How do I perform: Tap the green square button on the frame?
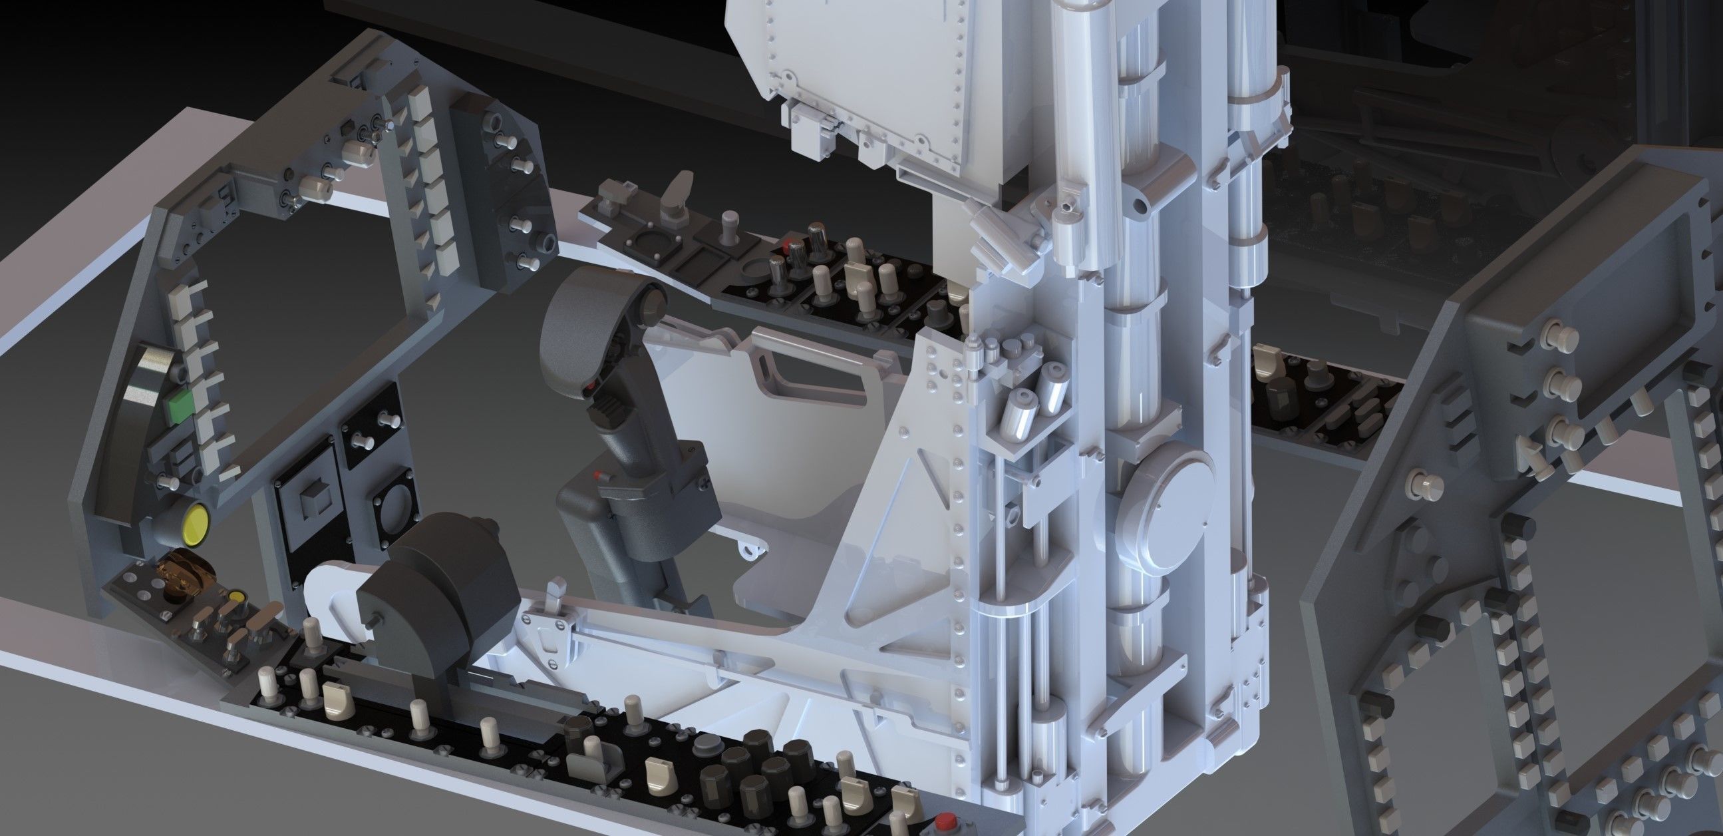[x=178, y=407]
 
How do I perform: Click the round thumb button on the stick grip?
[x=651, y=307]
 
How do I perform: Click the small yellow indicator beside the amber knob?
[x=235, y=596]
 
